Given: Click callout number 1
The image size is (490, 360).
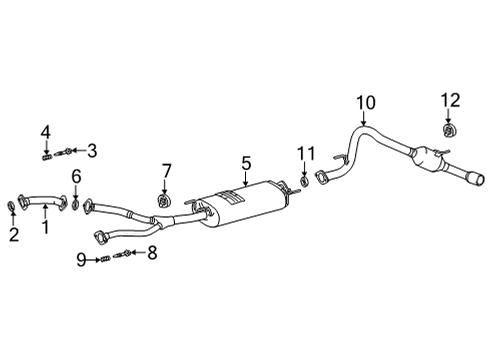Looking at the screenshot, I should point(43,227).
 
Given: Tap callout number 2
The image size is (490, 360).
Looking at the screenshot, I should point(14,235).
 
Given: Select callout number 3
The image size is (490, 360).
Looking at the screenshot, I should point(91,151).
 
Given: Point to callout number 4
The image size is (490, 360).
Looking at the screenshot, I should point(45,132).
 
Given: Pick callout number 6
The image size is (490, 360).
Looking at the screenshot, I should point(75,177).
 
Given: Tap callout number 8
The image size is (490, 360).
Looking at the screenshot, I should point(153,254).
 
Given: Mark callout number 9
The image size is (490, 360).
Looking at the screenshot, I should point(82,260).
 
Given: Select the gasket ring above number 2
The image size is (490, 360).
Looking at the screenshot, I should point(11,207).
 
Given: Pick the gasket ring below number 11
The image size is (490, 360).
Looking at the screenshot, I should point(303,182).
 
